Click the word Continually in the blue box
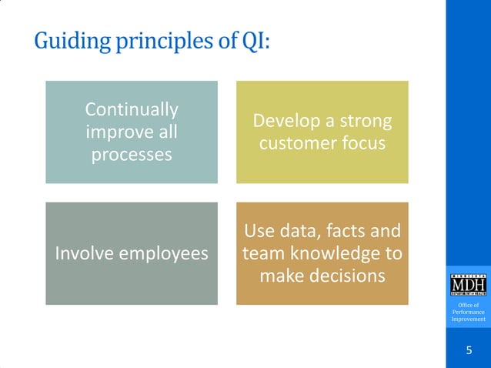coord(131,109)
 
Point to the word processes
coord(131,155)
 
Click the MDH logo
coord(468,286)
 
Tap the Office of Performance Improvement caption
coord(468,313)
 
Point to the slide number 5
coord(469,351)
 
